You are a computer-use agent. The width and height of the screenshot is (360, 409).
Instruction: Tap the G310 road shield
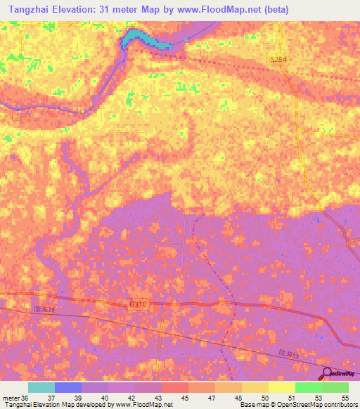click(x=139, y=304)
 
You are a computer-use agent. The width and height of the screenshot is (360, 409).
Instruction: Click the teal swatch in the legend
click(x=41, y=387)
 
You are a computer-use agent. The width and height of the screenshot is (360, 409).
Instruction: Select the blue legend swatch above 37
click(x=68, y=387)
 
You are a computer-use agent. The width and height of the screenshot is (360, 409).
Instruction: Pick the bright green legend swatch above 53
click(x=309, y=387)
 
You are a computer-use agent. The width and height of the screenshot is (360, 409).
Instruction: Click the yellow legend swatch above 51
click(x=282, y=387)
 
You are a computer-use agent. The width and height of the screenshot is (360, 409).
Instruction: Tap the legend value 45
click(x=185, y=397)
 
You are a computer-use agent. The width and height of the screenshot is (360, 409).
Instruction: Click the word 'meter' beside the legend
click(x=11, y=397)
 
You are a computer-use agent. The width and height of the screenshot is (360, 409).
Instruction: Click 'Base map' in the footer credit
click(x=253, y=405)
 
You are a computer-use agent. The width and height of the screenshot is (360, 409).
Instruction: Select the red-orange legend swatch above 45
click(x=175, y=387)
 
